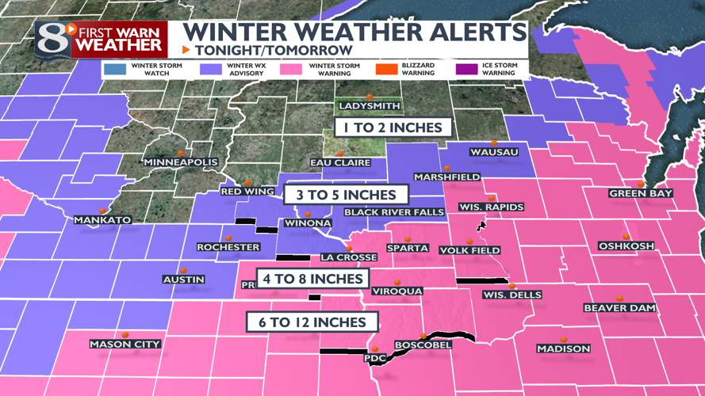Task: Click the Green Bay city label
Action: point(641,193)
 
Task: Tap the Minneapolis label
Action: point(181,162)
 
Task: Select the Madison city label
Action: point(563,348)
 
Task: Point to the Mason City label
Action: point(125,344)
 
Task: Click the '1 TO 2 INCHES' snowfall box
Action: point(393,127)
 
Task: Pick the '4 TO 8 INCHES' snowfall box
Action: point(315,279)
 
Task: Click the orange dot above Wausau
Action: point(494,143)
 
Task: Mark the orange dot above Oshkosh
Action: point(626,237)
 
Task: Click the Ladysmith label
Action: point(370,106)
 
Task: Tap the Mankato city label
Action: point(102,219)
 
